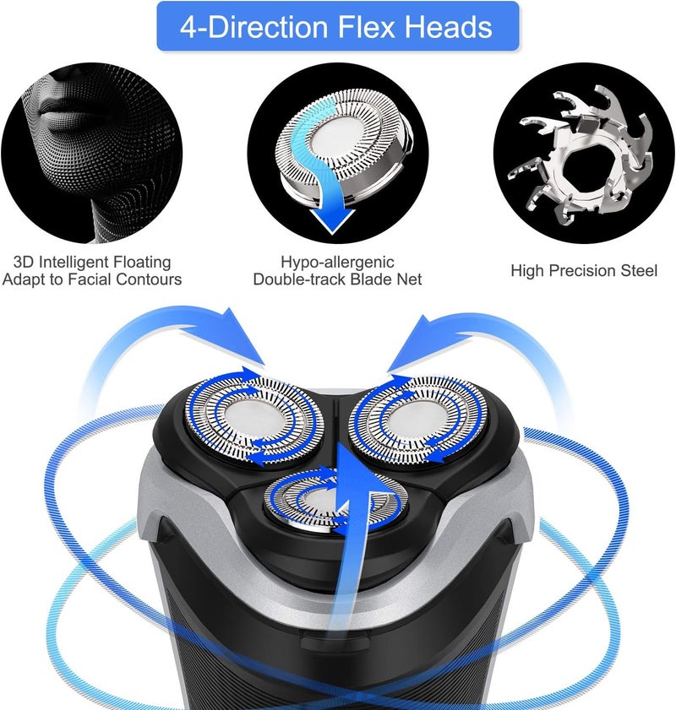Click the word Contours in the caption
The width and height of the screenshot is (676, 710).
(x=147, y=279)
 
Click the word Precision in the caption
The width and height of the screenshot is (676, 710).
(x=584, y=271)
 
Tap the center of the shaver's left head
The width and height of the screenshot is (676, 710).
(x=253, y=419)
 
